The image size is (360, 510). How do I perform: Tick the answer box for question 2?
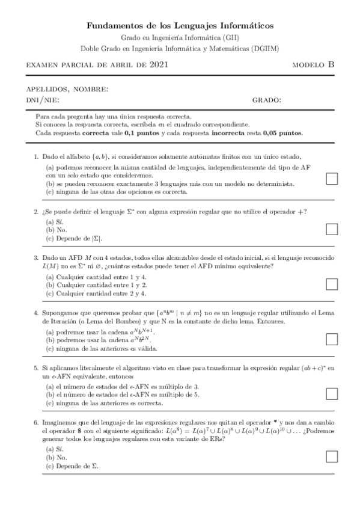(x=331, y=228)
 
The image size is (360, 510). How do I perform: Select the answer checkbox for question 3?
(x=331, y=284)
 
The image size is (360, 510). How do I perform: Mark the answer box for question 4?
(x=331, y=339)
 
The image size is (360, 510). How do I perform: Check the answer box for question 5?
(x=331, y=393)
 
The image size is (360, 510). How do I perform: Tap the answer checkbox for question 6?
(x=331, y=456)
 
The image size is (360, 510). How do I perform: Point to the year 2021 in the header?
(x=158, y=64)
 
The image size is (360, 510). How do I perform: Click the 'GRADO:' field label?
(x=266, y=100)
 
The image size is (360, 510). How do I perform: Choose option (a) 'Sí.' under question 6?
(x=53, y=449)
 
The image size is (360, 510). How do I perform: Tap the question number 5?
(x=36, y=367)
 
